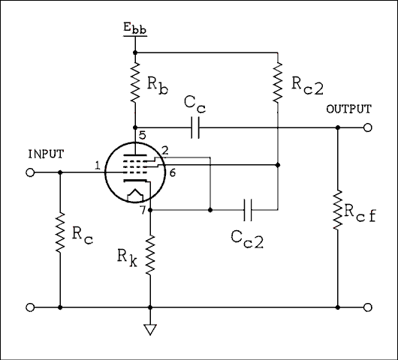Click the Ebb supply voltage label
[135, 30]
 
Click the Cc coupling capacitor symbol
[197, 127]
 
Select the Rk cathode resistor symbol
[151, 253]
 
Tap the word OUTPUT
[348, 109]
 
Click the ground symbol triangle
[151, 328]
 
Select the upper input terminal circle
[31, 172]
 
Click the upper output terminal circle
[367, 127]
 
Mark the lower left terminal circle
[31, 307]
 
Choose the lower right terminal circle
[367, 307]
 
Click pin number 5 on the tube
[141, 136]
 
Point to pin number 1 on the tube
[98, 165]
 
